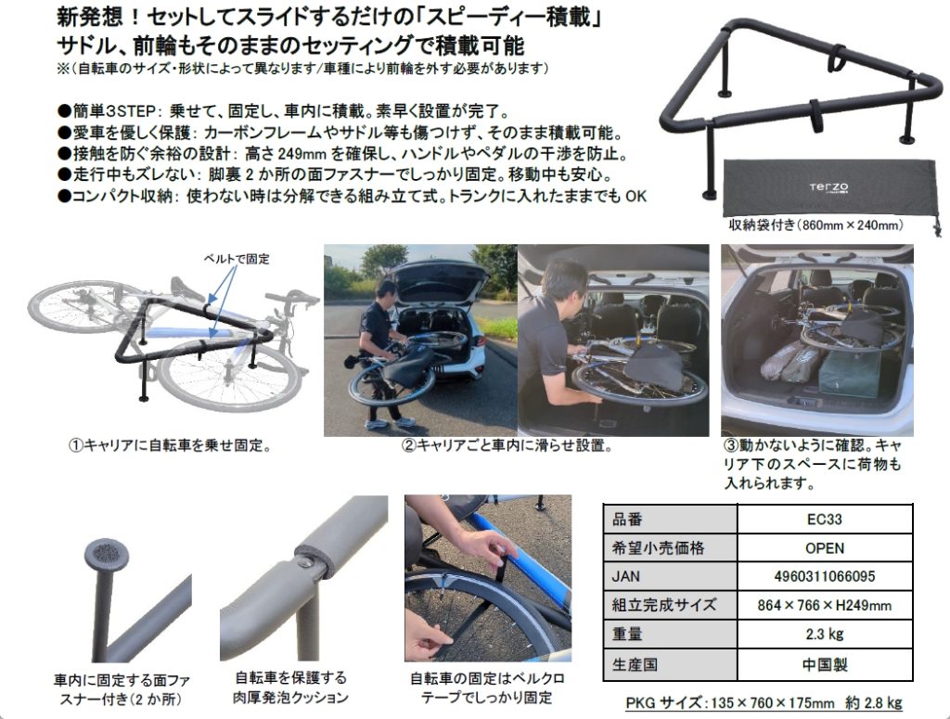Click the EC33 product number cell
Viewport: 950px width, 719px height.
coord(825,520)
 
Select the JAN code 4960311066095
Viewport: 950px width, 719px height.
coord(825,576)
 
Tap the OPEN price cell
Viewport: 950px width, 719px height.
coord(825,548)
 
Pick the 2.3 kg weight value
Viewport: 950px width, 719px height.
coord(825,635)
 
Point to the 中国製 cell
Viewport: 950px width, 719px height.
coord(825,664)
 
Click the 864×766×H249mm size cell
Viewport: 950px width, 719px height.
coord(825,605)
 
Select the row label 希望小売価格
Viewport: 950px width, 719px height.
coord(659,548)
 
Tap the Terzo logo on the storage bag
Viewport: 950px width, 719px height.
coord(828,187)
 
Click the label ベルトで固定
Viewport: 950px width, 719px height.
coord(237,259)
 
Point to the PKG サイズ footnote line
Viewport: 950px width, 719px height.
coord(764,702)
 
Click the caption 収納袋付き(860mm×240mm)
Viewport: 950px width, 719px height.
coord(815,225)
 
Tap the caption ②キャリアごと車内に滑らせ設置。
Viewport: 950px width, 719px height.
coord(507,446)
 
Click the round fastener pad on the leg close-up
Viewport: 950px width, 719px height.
coord(108,552)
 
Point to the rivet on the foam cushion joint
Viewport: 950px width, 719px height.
coord(305,563)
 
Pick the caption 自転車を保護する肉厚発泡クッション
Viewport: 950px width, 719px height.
coord(290,687)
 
